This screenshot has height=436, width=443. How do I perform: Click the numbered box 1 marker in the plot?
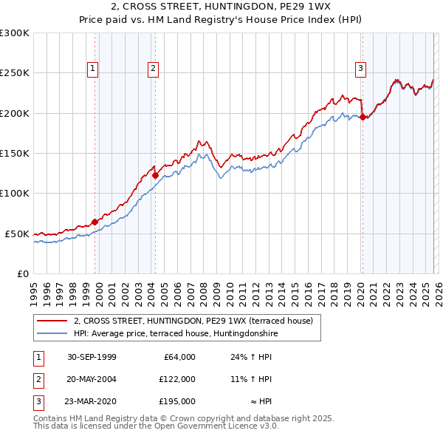pos(93,69)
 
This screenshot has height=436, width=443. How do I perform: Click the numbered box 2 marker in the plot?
pos(153,69)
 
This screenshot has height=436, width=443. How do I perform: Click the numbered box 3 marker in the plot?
pos(361,69)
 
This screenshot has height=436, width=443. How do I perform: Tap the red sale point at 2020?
pos(363,117)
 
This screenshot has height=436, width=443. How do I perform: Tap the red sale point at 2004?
pos(155,176)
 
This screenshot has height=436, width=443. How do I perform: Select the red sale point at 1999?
pos(95,222)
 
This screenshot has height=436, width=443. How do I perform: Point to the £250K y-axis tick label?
pos(15,73)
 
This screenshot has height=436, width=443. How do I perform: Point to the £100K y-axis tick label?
pos(15,193)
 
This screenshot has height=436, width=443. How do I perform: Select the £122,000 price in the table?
pos(176,379)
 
